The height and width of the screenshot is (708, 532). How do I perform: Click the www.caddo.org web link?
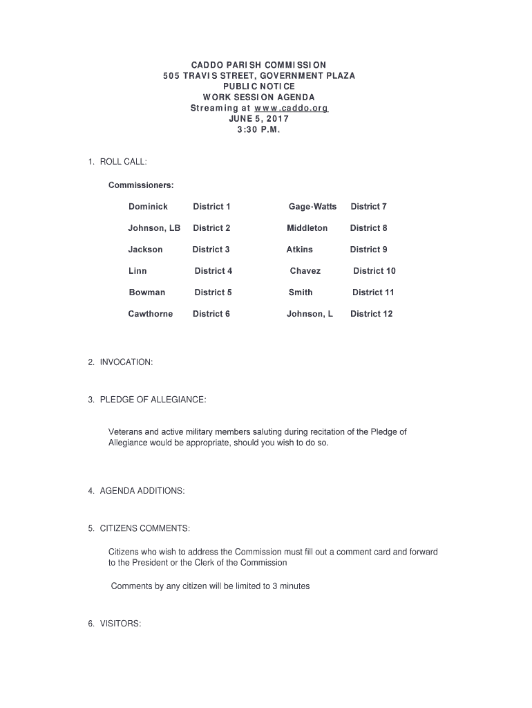[x=291, y=109]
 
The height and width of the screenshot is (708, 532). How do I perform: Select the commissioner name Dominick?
[x=148, y=207]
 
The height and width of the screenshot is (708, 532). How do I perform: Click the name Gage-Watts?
[x=312, y=207]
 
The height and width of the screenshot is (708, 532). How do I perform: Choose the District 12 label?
[x=371, y=314]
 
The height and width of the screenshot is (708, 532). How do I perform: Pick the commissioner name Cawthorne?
[x=151, y=314]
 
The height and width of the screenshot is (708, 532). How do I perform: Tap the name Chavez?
[x=305, y=271]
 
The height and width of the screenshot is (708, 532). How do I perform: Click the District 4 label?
[x=213, y=271]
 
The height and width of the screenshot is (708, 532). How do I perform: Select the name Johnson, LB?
[x=154, y=228]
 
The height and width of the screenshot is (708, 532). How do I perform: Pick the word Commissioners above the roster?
[x=141, y=185]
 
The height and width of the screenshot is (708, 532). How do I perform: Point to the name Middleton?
[x=307, y=228]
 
